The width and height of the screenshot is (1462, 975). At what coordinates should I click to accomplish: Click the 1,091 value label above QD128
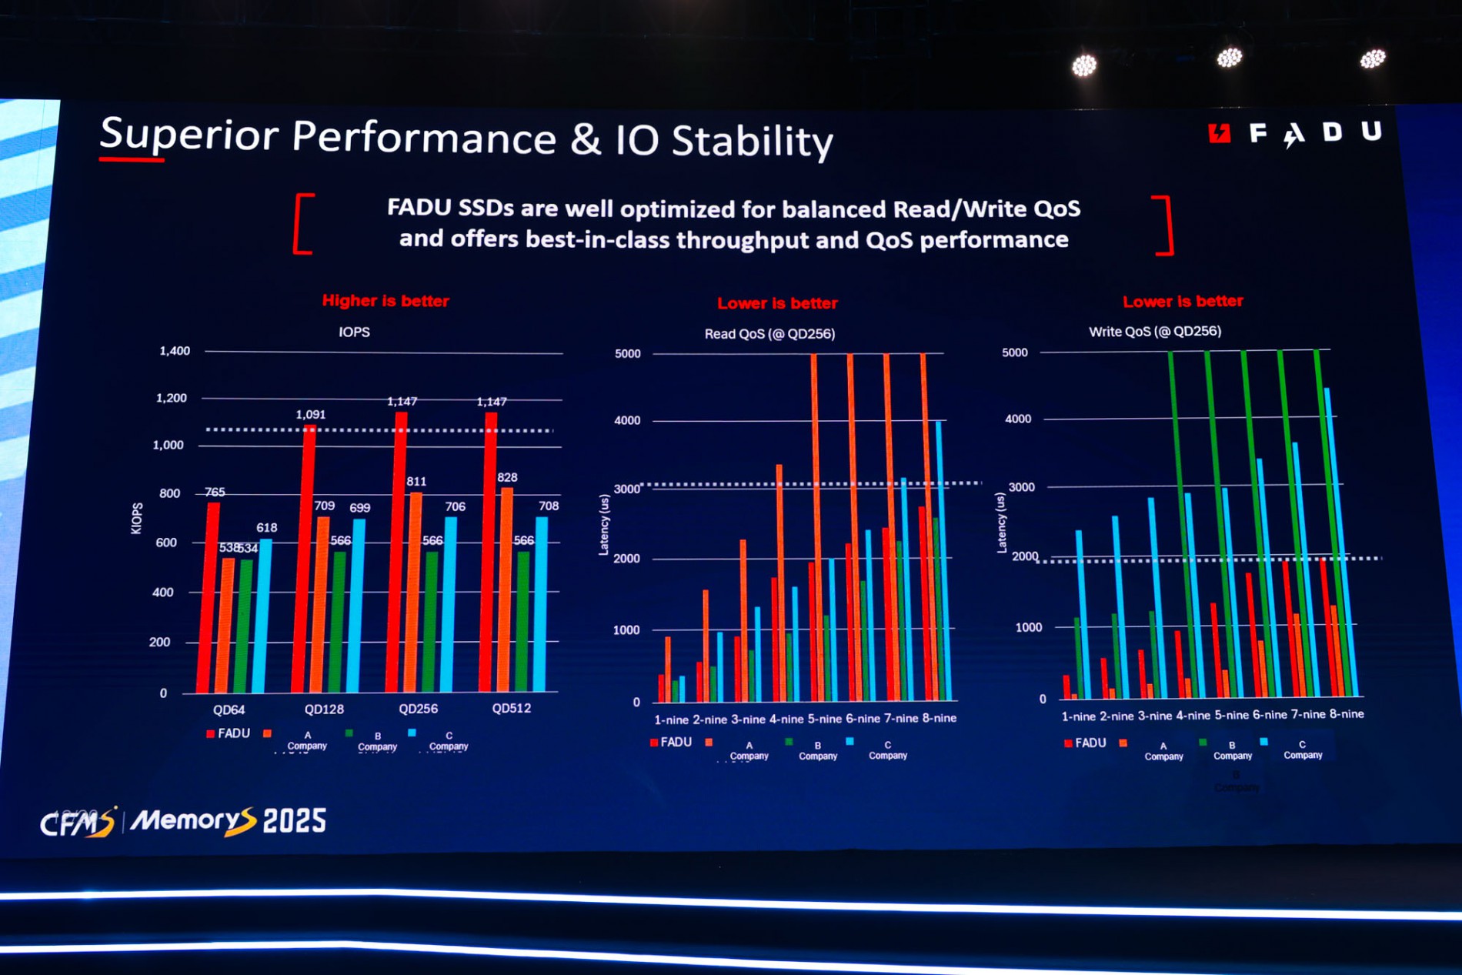click(x=310, y=414)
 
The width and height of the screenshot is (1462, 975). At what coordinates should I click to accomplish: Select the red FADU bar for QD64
click(x=208, y=600)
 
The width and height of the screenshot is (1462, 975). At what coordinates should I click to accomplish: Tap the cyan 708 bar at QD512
click(x=541, y=604)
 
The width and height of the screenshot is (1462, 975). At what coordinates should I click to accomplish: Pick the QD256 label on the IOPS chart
click(x=418, y=709)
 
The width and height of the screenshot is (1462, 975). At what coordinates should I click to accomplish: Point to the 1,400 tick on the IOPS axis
click(x=175, y=351)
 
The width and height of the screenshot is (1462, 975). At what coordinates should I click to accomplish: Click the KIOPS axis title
click(x=137, y=518)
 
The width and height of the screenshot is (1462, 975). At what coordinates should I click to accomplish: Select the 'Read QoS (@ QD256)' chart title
click(x=769, y=334)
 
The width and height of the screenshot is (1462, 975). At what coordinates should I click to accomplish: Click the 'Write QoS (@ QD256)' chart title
click(x=1155, y=332)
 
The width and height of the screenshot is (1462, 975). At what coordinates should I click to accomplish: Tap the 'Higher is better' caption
click(x=386, y=301)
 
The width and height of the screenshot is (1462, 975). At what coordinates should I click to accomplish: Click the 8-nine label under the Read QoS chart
click(x=940, y=718)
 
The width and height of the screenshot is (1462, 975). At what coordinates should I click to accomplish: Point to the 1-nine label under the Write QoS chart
click(x=1078, y=716)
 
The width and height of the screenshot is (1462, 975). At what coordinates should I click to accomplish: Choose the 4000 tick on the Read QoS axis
click(x=627, y=421)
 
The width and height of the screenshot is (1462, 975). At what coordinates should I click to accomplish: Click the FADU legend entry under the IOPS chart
click(x=229, y=733)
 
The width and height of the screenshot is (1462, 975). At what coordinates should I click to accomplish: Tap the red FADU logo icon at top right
click(x=1220, y=133)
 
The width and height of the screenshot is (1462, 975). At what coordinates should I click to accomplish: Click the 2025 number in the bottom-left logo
click(x=295, y=821)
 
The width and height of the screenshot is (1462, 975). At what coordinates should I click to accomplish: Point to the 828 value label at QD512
click(x=507, y=477)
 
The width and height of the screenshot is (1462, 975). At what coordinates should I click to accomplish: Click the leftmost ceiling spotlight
click(x=1084, y=66)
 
